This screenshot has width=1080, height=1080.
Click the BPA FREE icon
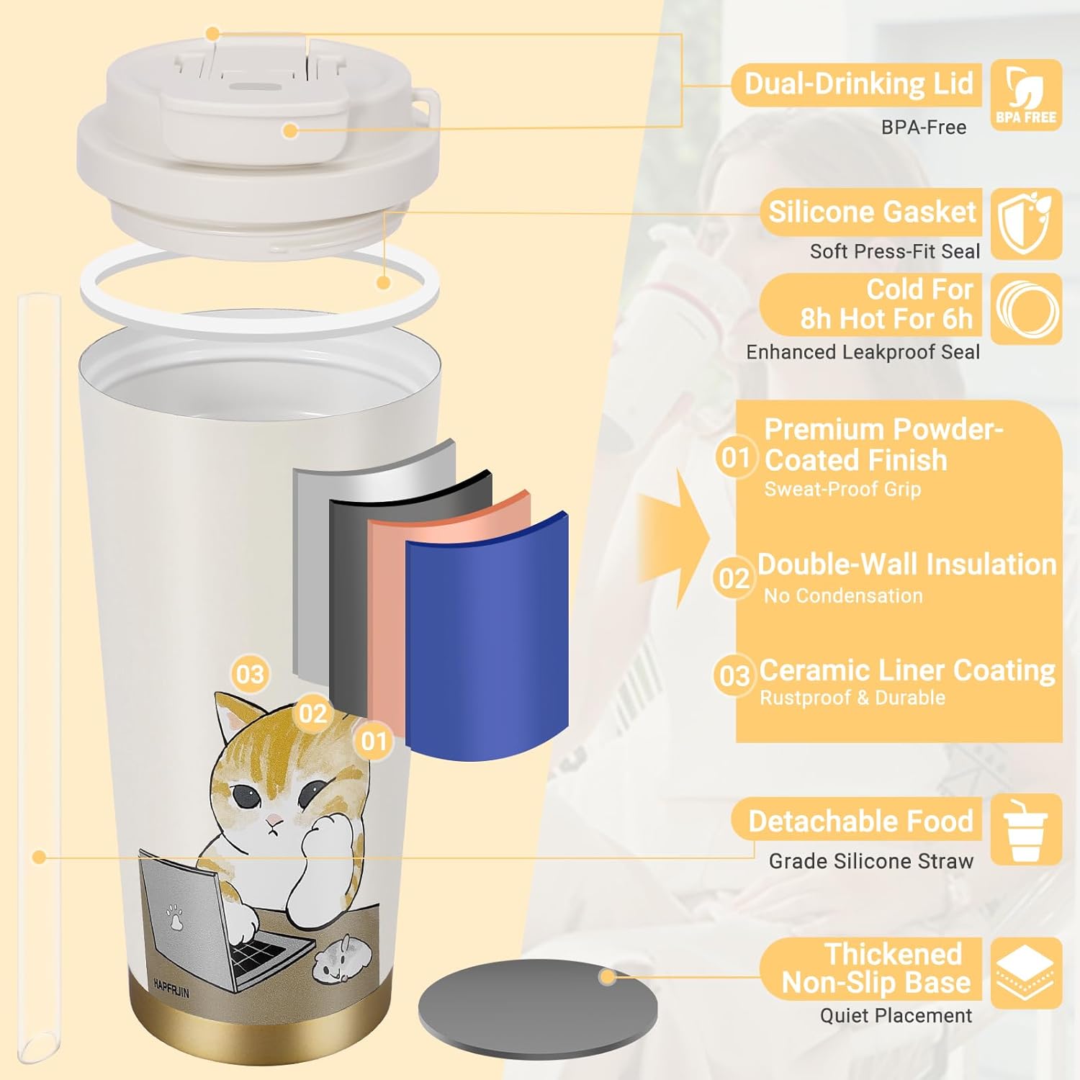1026,95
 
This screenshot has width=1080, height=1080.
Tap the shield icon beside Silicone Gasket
1026,224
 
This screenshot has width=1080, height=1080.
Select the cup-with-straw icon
1026,829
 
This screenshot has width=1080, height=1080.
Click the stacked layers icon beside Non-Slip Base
1026,973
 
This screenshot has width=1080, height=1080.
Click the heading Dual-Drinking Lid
858,84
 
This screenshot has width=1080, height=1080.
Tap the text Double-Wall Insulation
906,564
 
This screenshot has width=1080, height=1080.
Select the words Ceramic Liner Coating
907,670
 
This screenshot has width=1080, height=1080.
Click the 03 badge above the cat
250,675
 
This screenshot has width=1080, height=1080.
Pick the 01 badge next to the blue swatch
374,741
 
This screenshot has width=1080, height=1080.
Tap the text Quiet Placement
896,1015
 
